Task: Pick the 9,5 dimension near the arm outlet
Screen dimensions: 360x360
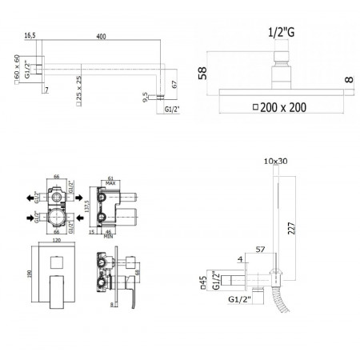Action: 144,97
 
